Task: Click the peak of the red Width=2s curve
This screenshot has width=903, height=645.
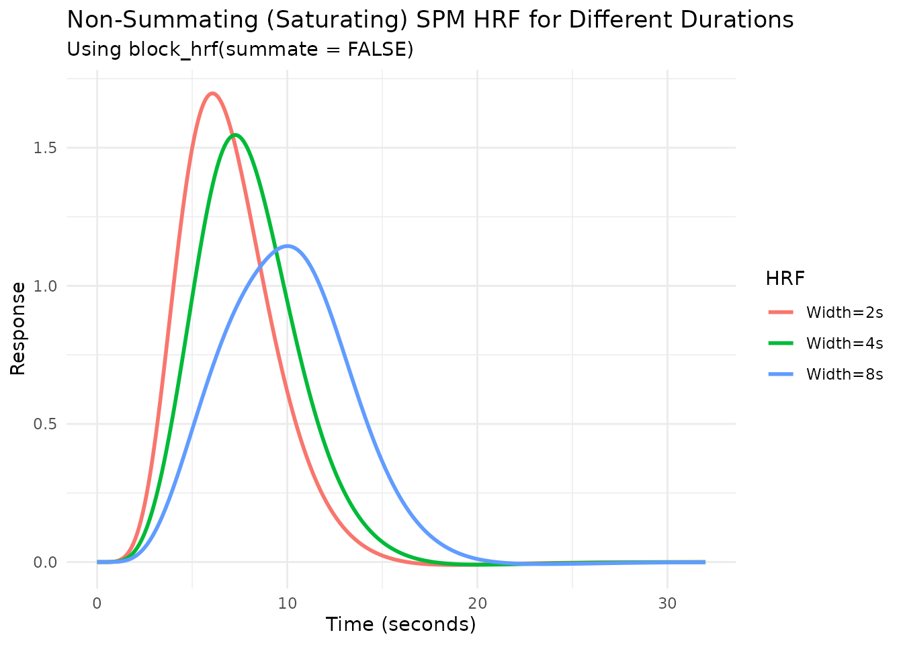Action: coord(212,93)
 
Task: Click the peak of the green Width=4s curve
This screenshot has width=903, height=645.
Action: coord(235,134)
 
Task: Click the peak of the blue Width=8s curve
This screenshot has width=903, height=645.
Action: coord(288,246)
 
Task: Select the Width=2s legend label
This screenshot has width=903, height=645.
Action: coord(845,312)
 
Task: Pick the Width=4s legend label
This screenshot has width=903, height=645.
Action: coord(845,343)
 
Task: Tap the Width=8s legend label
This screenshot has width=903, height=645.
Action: coord(845,374)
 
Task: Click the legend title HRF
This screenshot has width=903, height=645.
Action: coord(785,278)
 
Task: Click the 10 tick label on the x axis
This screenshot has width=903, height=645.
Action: coord(288,603)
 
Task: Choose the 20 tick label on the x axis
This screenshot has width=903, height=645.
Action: coord(477,603)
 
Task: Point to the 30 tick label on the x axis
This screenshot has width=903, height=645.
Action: coord(667,603)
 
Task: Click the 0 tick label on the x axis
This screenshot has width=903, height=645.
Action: coord(97,603)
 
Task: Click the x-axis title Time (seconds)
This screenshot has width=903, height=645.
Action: coord(401,625)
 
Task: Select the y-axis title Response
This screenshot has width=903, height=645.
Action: coord(18,329)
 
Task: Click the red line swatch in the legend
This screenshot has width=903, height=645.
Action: coord(781,312)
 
